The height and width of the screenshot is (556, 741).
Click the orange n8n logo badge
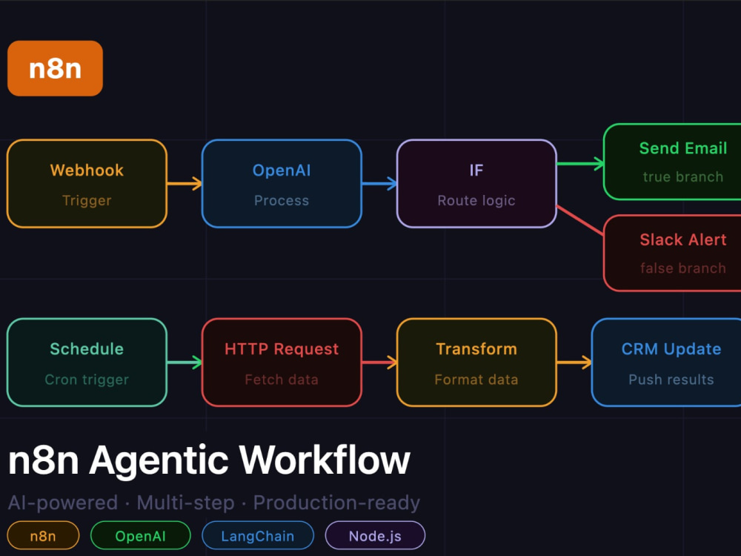(x=55, y=68)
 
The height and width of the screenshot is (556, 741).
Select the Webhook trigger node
(x=87, y=183)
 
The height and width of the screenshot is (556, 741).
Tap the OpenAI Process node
(x=282, y=183)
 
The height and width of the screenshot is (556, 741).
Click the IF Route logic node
(x=476, y=183)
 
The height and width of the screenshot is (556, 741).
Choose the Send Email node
(x=672, y=162)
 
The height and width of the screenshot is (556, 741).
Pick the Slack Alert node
(x=672, y=253)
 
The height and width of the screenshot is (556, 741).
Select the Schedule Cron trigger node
(x=87, y=363)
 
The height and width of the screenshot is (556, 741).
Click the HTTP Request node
(x=282, y=363)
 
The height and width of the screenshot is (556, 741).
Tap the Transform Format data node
(x=476, y=363)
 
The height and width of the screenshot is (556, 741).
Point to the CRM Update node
(x=666, y=363)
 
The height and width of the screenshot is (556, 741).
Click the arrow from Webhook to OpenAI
(x=185, y=183)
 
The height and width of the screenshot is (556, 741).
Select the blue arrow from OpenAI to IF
(x=379, y=183)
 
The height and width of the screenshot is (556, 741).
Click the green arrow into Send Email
(x=580, y=164)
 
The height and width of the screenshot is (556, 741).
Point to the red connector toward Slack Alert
(x=580, y=220)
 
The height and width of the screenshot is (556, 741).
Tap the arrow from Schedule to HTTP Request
(x=185, y=363)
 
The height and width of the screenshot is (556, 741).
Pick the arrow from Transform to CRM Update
(x=574, y=363)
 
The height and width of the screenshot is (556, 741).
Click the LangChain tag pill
(x=258, y=536)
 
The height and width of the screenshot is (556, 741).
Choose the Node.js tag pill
(x=375, y=536)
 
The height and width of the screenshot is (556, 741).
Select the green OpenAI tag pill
(x=140, y=536)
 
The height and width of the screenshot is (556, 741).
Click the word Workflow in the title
(x=325, y=460)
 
